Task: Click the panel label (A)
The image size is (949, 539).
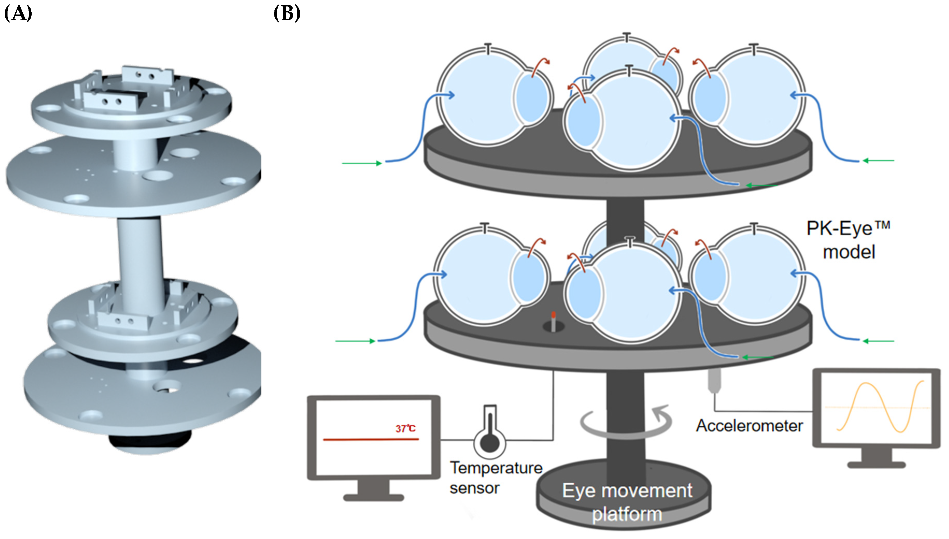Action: pos(18,14)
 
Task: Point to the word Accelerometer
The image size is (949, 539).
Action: pos(749,426)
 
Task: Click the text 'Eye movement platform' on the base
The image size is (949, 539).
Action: pos(627,502)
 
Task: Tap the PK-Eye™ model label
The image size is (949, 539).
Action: pos(848,240)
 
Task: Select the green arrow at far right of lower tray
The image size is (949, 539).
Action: pos(878,341)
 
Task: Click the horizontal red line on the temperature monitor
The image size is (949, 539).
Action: pos(371,439)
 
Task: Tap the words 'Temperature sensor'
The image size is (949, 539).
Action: pos(495,478)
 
